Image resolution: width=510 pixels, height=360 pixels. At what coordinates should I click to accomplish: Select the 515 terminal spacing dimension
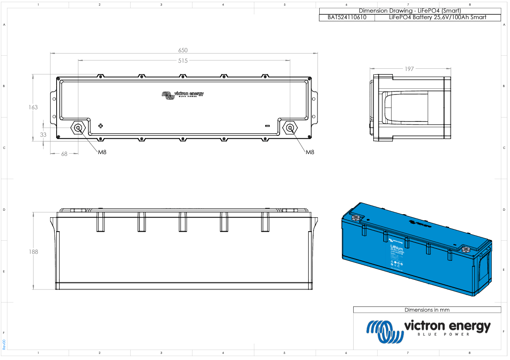182,61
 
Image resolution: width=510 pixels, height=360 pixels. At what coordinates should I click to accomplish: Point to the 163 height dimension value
33,107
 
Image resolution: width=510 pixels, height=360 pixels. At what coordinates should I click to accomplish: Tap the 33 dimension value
43,135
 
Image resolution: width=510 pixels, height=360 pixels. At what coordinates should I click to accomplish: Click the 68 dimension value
64,154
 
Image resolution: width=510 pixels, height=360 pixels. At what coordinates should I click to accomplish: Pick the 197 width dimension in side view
409,69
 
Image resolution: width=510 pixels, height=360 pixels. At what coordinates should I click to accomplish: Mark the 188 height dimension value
33,252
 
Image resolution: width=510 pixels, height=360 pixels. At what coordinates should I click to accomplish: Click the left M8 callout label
102,152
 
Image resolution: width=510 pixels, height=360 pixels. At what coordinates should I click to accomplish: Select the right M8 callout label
310,152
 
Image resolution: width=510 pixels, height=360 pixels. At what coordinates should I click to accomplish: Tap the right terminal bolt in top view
289,128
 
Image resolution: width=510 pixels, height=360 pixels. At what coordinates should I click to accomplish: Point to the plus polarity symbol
101,126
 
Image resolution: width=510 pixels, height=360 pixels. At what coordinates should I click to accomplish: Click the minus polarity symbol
267,126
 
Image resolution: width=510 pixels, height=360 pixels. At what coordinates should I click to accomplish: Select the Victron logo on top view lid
182,94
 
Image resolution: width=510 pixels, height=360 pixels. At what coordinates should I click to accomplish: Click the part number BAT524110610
347,17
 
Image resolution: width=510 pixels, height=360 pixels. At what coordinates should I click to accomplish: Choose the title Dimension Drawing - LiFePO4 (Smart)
409,11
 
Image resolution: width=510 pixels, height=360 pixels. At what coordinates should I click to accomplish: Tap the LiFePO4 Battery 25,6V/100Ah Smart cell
437,17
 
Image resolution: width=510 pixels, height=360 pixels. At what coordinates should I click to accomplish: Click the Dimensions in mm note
427,310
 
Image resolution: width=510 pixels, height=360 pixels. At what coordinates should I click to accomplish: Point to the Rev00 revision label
4,344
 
